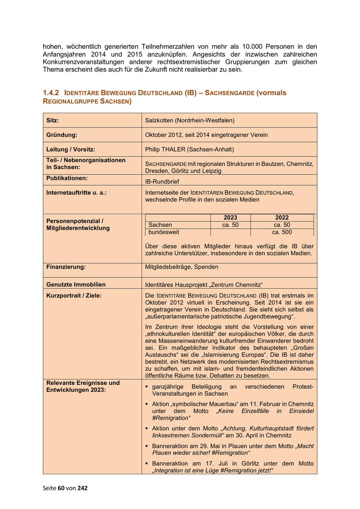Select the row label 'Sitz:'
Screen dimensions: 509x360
coord(53,120)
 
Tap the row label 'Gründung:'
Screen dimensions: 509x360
coord(62,135)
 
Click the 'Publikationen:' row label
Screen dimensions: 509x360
coord(67,178)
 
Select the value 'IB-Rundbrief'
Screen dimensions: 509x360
coord(162,182)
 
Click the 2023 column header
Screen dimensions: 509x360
coord(230,218)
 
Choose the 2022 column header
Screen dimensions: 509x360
coord(282,218)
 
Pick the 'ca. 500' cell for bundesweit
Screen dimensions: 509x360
coord(282,232)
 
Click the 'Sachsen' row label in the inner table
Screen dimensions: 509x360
coord(160,225)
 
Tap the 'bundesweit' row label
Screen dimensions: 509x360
coord(164,232)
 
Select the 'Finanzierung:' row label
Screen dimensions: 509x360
coord(66,267)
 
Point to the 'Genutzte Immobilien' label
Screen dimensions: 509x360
coord(76,284)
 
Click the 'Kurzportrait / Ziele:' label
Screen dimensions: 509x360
coord(74,295)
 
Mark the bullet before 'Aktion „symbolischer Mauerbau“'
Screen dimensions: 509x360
coord(147,404)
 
